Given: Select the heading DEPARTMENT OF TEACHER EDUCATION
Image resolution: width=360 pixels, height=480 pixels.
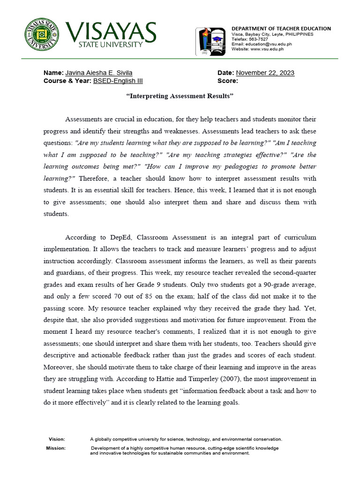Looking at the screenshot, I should [x=281, y=29].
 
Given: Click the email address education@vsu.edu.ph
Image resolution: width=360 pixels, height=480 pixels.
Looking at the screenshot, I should [x=271, y=44].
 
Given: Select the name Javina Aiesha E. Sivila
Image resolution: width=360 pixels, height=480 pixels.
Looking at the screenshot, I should [x=98, y=73].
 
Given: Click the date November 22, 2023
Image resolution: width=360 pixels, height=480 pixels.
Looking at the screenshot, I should [x=265, y=73].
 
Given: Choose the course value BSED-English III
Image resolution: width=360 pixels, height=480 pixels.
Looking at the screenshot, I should [x=118, y=81].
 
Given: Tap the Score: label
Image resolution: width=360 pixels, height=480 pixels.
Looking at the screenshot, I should [x=228, y=81].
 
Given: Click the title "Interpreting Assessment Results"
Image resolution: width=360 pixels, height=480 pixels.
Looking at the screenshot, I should [x=180, y=96].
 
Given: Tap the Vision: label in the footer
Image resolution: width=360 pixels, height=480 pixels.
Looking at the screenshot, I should [x=57, y=439].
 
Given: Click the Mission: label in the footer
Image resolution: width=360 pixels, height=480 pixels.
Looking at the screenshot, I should [x=56, y=448].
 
